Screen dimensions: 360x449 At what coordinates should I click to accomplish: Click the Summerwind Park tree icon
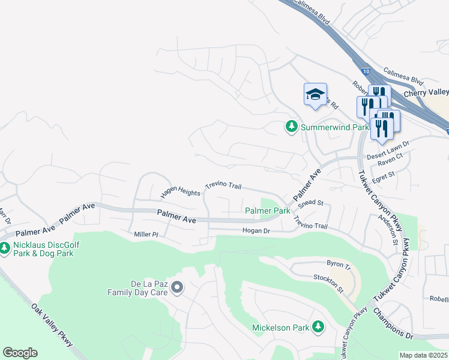point(292,127)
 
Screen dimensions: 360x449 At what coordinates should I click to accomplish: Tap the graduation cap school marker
point(315,95)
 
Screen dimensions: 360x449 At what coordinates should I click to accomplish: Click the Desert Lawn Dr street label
point(387,144)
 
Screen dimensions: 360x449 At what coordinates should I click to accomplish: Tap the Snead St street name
point(311,203)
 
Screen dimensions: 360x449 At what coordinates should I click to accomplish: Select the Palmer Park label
point(268,211)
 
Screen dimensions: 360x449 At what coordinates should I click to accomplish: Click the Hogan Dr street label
point(257,230)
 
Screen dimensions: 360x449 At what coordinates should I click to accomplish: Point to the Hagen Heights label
point(180,193)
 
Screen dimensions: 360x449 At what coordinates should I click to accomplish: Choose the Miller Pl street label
point(145,234)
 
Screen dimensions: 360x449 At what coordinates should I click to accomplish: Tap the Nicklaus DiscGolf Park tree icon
point(5,247)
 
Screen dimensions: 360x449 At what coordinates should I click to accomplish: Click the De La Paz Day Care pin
point(176,288)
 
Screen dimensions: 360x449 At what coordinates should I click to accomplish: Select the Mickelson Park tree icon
point(318,327)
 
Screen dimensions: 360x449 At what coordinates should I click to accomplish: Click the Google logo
point(20,353)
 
